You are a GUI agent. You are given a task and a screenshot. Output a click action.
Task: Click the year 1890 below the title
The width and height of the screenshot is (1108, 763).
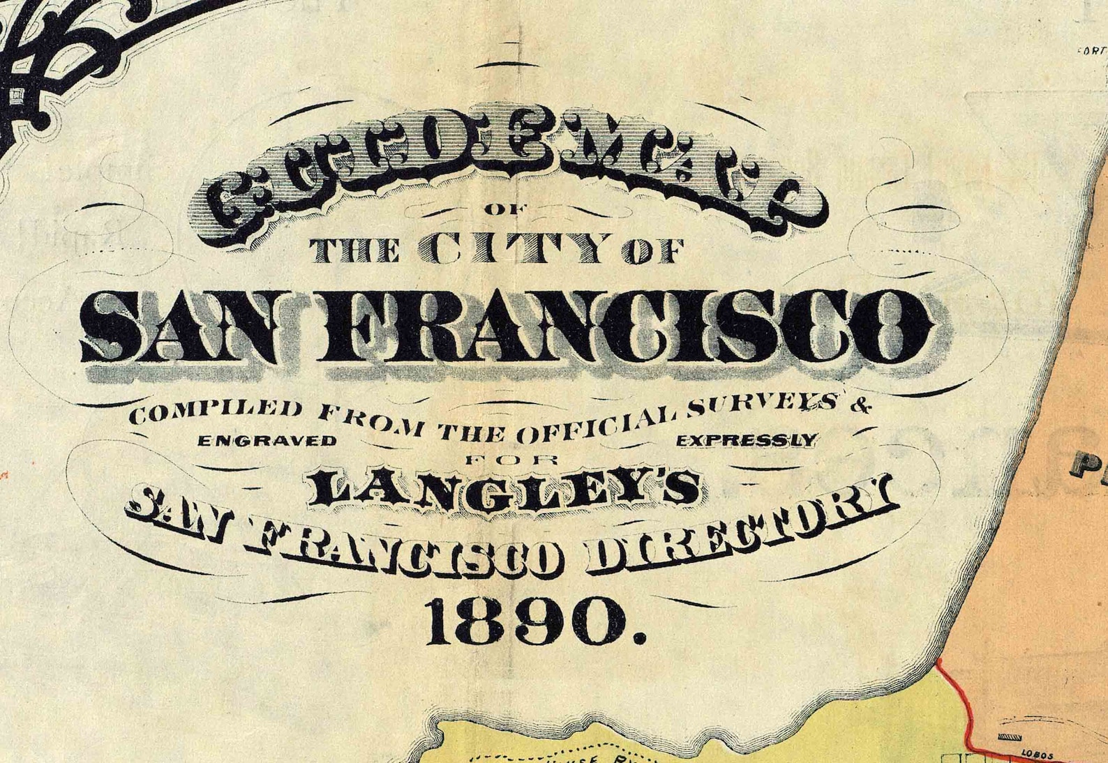(x=537, y=620)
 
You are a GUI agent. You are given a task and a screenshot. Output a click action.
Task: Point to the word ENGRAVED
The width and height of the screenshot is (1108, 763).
(x=267, y=441)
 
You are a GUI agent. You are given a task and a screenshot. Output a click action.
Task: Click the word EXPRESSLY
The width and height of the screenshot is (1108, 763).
(x=746, y=440)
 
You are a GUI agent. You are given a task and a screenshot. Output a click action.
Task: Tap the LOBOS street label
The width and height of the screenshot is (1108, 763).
(x=1035, y=753)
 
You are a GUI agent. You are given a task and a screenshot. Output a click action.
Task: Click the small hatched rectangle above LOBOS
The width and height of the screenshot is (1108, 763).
(x=1008, y=737)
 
